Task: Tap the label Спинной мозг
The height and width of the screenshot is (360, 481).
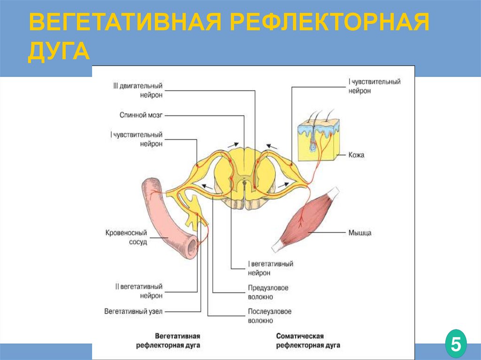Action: pos(140,115)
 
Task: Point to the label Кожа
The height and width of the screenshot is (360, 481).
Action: pos(357,154)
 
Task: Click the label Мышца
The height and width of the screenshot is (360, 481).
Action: pos(360,232)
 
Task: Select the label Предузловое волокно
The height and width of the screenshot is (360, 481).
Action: pos(268,292)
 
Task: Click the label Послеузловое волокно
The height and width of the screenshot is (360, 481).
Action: pos(270,316)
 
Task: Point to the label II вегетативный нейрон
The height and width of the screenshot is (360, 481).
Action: pos(139,291)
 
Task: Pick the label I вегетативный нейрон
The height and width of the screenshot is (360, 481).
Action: pos(270,268)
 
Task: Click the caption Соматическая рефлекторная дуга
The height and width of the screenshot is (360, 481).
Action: pos(308,341)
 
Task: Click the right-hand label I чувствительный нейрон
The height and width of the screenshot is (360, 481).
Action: pos(374,86)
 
